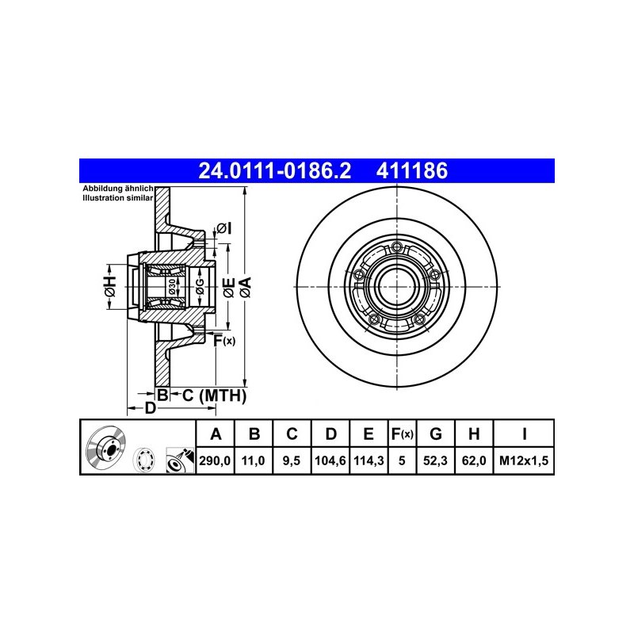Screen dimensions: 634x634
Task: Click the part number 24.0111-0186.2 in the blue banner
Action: click(274, 170)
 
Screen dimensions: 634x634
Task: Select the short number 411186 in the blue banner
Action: click(412, 170)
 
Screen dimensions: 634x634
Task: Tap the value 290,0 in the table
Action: click(215, 460)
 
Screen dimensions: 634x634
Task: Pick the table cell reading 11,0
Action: click(253, 460)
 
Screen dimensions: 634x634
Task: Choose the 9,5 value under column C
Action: click(291, 460)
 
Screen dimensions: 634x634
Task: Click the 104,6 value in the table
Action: click(330, 460)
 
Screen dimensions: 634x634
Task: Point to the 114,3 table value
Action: click(369, 460)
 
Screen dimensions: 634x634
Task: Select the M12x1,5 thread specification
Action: click(524, 460)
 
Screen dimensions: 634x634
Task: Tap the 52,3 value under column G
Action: click(435, 460)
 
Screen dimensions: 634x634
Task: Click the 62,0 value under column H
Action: click(474, 460)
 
